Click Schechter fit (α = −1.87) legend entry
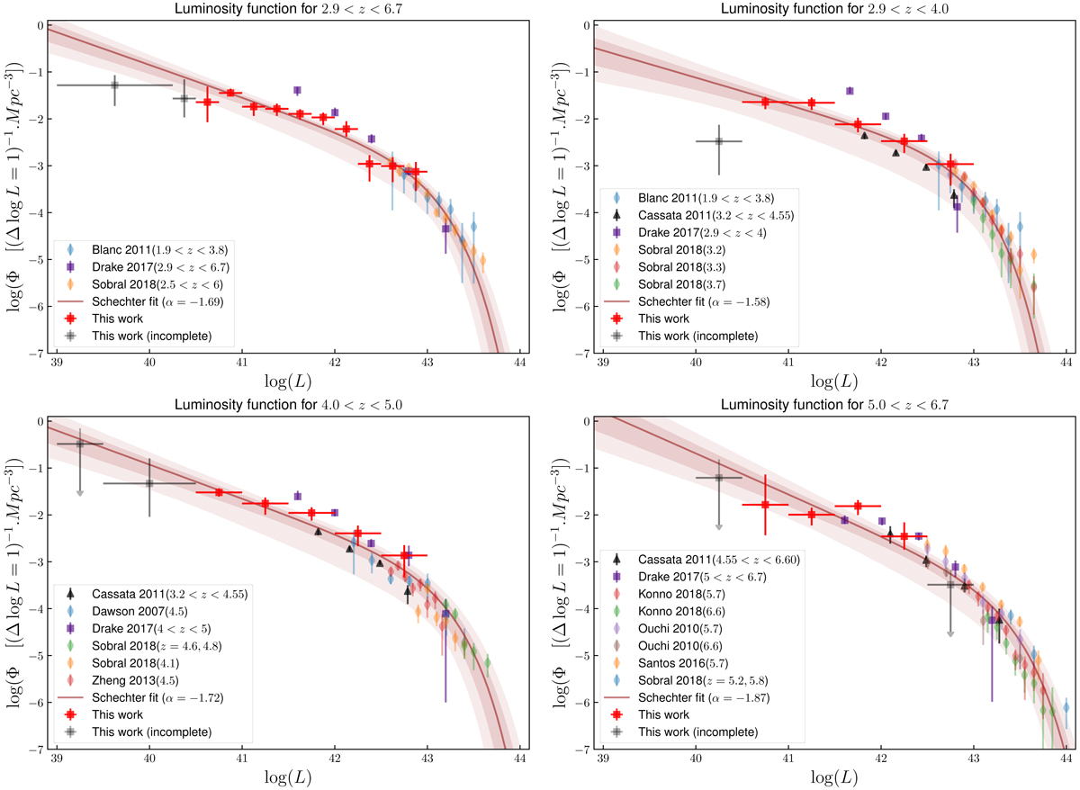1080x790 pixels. (x=703, y=697)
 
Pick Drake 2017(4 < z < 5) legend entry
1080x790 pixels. (x=136, y=627)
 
